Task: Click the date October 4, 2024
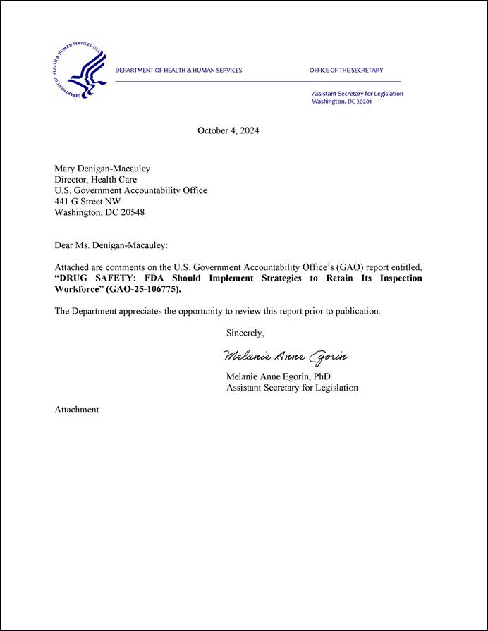pos(228,130)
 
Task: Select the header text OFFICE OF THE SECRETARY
pos(346,71)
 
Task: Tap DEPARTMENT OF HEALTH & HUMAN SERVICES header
pos(178,71)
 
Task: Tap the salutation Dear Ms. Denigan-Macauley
pos(111,245)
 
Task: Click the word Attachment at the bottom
pos(77,410)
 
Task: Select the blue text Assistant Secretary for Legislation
pos(357,94)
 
